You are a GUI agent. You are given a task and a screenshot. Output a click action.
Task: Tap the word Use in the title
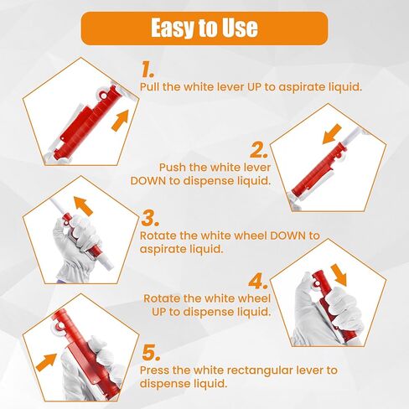pyautogui.click(x=240, y=28)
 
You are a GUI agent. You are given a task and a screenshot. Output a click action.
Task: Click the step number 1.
pyautogui.click(x=148, y=70)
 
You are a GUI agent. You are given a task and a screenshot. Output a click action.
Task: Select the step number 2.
pyautogui.click(x=259, y=150)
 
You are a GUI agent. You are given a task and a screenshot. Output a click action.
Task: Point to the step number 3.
pyautogui.click(x=150, y=219)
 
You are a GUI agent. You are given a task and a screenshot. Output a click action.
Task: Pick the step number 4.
pyautogui.click(x=258, y=282)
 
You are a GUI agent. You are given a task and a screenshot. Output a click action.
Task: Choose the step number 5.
pyautogui.click(x=151, y=353)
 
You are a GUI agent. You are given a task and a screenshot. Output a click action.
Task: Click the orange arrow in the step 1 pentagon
pyautogui.click(x=121, y=120)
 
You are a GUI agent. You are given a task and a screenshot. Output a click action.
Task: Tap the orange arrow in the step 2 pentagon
pyautogui.click(x=332, y=135)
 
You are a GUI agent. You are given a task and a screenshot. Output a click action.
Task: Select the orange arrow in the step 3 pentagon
pyautogui.click(x=83, y=205)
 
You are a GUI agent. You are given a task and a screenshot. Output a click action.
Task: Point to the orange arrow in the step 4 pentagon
pyautogui.click(x=339, y=275)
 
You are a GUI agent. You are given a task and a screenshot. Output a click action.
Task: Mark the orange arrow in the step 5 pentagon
pyautogui.click(x=46, y=362)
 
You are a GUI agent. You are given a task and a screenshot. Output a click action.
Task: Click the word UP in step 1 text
pyautogui.click(x=254, y=87)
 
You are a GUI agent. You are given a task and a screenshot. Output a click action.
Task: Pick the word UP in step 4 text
pyautogui.click(x=158, y=312)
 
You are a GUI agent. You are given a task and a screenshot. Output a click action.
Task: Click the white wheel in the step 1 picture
pyautogui.click(x=104, y=96)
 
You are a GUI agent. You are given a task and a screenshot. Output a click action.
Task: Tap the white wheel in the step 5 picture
pyautogui.click(x=58, y=326)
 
